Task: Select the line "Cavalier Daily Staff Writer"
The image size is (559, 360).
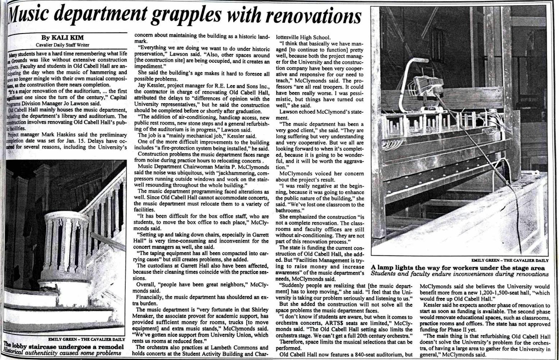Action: [x=63, y=45]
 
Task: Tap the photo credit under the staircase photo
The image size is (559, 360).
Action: [x=87, y=339]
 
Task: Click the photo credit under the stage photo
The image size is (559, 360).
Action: [x=510, y=260]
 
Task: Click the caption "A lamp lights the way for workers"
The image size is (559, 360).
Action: [x=458, y=268]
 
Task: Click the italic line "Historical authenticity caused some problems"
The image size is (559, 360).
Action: [x=61, y=354]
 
